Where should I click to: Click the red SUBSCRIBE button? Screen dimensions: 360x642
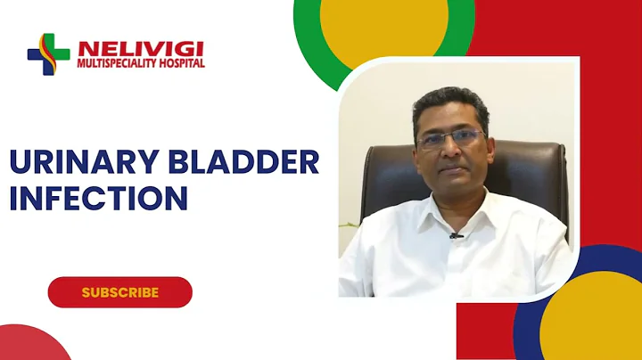point(119,291)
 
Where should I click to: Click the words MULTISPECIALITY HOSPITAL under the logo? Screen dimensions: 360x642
point(141,64)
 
